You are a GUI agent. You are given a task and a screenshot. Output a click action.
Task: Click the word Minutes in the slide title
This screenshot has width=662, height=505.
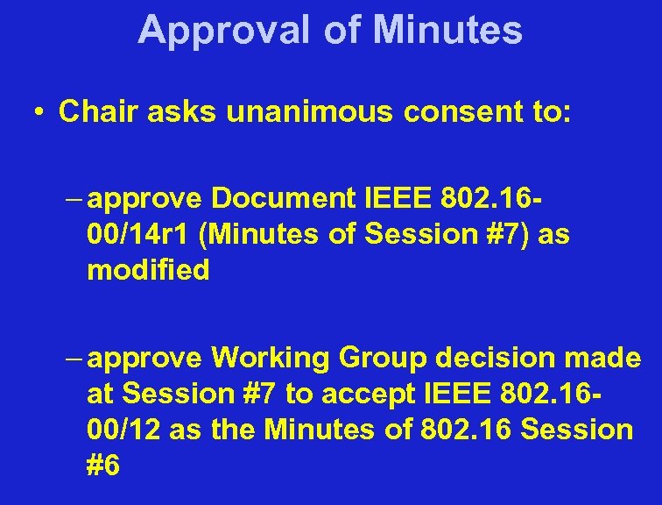[447, 30]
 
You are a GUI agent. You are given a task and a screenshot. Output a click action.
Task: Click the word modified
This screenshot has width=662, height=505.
[148, 271]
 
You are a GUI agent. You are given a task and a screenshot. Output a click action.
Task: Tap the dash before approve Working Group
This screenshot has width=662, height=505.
[75, 359]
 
